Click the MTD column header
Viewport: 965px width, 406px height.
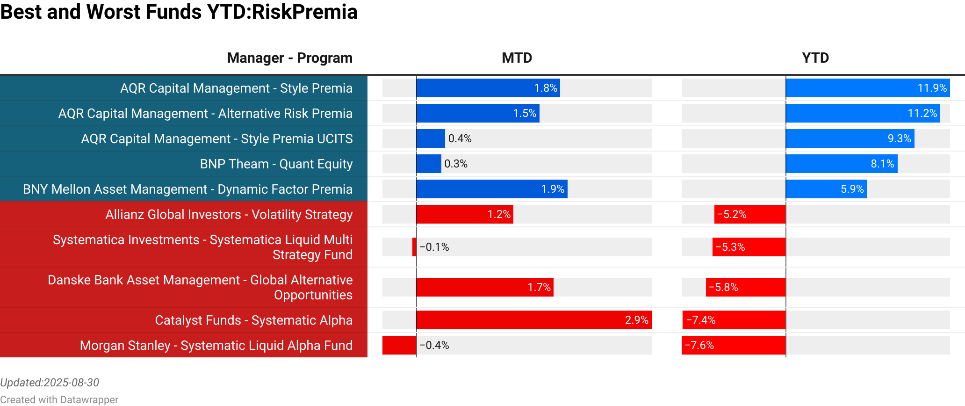pos(517,58)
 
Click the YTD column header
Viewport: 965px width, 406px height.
pos(815,58)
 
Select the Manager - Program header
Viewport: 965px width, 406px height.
pos(289,58)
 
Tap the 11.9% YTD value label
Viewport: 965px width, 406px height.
pos(932,88)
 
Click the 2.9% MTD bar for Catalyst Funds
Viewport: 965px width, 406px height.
pos(533,320)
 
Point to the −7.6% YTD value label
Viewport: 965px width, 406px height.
pos(699,345)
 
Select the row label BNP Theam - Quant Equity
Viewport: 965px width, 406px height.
pos(276,164)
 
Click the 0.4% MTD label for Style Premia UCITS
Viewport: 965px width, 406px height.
pos(460,138)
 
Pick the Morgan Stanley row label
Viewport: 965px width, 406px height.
pos(216,345)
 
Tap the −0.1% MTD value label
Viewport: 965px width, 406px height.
pos(434,247)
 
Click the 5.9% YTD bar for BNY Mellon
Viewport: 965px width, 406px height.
pos(826,189)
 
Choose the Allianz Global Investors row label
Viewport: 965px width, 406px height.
pos(229,214)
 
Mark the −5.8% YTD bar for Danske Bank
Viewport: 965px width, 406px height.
pos(745,287)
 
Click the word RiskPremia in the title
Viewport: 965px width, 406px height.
pos(304,12)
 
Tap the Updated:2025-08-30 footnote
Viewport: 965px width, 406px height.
pos(50,383)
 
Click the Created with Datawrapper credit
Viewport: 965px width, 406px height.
pos(59,399)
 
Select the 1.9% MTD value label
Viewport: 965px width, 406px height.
pos(553,189)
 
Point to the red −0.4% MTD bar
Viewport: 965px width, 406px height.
pos(399,345)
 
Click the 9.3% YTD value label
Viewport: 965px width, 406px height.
pos(899,138)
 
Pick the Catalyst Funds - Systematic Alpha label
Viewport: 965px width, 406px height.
pos(253,320)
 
